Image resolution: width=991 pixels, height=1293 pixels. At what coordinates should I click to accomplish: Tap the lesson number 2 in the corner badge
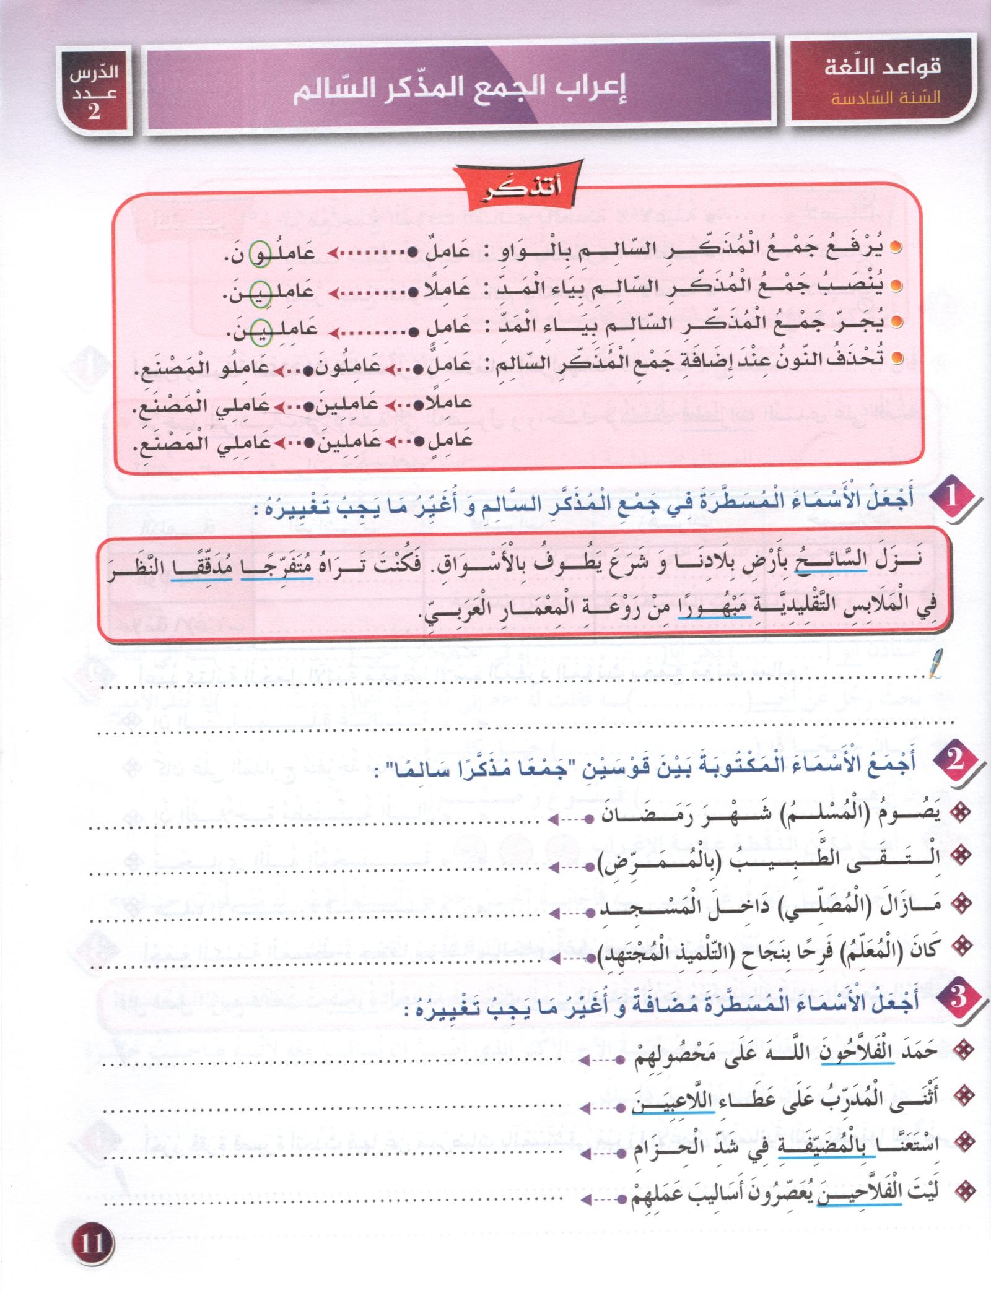pyautogui.click(x=94, y=111)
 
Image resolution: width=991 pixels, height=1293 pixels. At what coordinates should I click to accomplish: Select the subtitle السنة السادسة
pyautogui.click(x=876, y=98)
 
